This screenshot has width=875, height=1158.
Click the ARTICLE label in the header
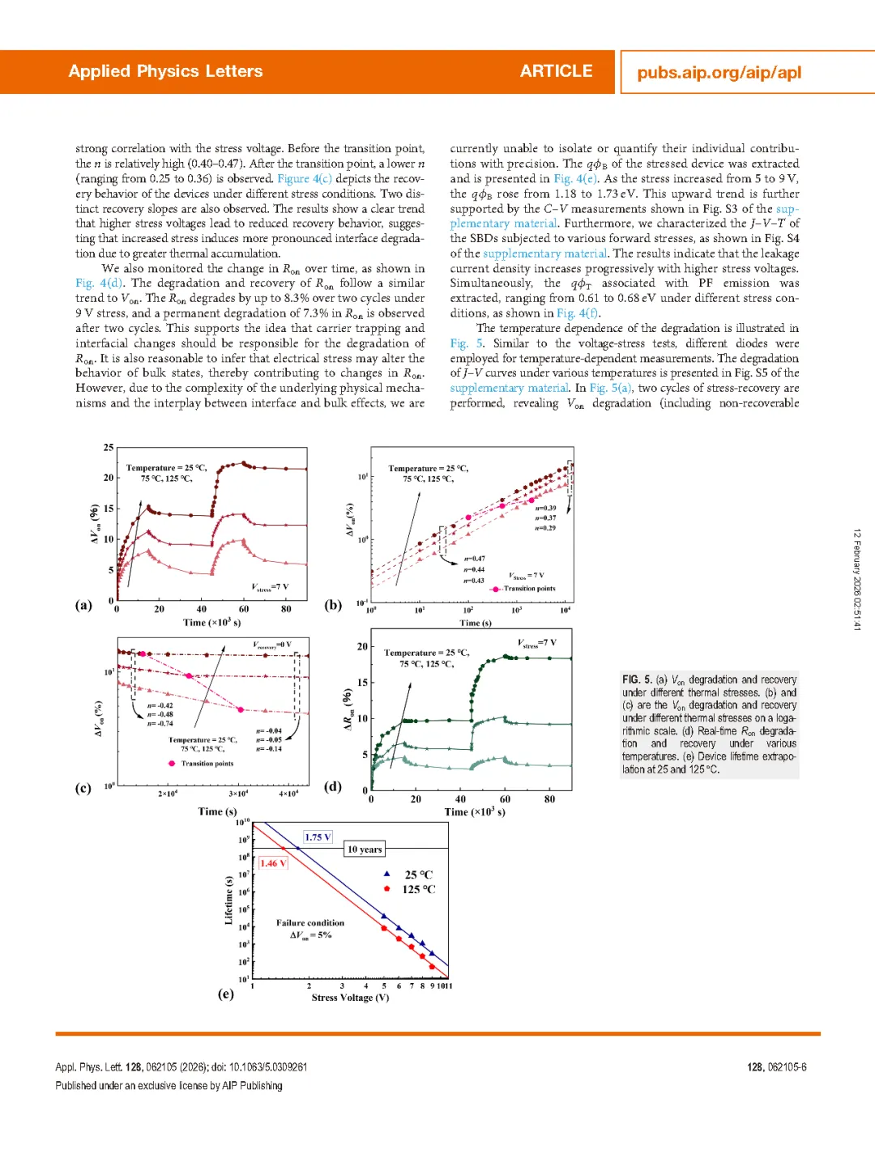pyautogui.click(x=556, y=71)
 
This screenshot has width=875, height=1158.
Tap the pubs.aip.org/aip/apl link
pyautogui.click(x=719, y=73)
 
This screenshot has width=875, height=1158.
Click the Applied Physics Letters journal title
pyautogui.click(x=165, y=71)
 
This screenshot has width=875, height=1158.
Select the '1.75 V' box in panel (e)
pyautogui.click(x=318, y=837)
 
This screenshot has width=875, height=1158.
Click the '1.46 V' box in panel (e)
pyautogui.click(x=272, y=863)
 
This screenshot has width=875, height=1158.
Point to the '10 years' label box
pyautogui.click(x=364, y=849)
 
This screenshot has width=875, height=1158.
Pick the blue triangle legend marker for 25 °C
pyautogui.click(x=387, y=874)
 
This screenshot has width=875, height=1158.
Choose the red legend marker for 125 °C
pyautogui.click(x=387, y=889)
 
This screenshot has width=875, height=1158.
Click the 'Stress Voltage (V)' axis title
pyautogui.click(x=350, y=998)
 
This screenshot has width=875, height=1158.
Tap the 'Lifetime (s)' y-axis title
pyautogui.click(x=228, y=900)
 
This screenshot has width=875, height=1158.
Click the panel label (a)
pyautogui.click(x=83, y=605)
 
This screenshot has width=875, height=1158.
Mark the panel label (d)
pyautogui.click(x=333, y=786)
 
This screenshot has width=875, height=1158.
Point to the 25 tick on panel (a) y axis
pyautogui.click(x=109, y=447)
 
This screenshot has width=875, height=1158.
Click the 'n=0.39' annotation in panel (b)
pyautogui.click(x=545, y=508)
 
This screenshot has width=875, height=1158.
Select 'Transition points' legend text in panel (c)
pyautogui.click(x=207, y=764)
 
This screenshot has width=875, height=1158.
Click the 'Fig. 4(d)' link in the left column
pyautogui.click(x=99, y=283)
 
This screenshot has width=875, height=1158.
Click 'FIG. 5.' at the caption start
pyautogui.click(x=637, y=679)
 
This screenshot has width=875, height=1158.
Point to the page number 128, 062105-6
pyautogui.click(x=776, y=1067)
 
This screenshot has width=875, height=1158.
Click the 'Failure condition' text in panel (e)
pyautogui.click(x=310, y=923)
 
